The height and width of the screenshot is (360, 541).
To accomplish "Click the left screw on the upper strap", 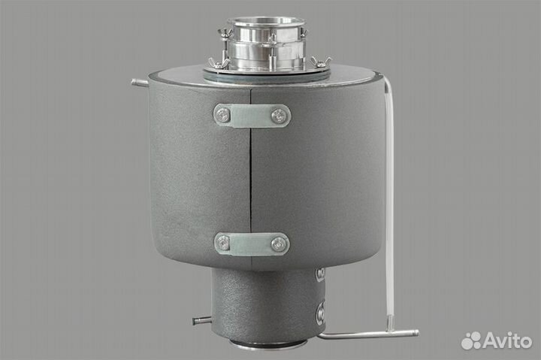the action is [223, 114].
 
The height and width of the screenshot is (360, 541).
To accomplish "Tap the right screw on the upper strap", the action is [279, 115].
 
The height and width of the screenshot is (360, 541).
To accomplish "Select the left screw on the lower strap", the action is [223, 243].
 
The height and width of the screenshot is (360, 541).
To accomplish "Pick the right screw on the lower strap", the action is [279, 244].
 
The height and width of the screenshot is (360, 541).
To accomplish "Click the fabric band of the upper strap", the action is [252, 115].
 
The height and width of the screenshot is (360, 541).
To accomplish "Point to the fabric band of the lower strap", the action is [252, 244].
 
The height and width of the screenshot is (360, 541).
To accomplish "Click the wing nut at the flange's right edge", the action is [319, 62].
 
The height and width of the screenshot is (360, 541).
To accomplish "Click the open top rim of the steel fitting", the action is [266, 21].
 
